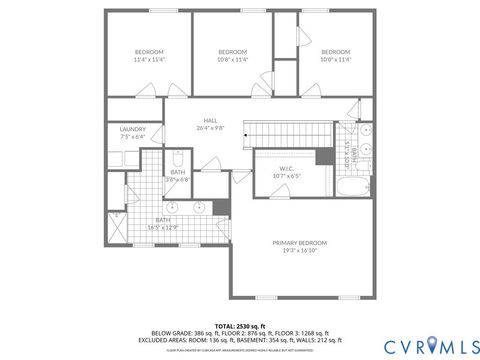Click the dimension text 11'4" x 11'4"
click(148, 61)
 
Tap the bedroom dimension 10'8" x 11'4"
click(232, 61)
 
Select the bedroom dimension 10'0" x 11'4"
click(335, 61)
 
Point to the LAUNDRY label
click(132, 128)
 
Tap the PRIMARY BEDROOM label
click(300, 243)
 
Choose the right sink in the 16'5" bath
click(200, 209)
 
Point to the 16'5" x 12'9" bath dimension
click(162, 228)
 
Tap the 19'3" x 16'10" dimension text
click(300, 252)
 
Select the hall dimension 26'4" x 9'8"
click(211, 127)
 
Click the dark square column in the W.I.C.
click(324, 157)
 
